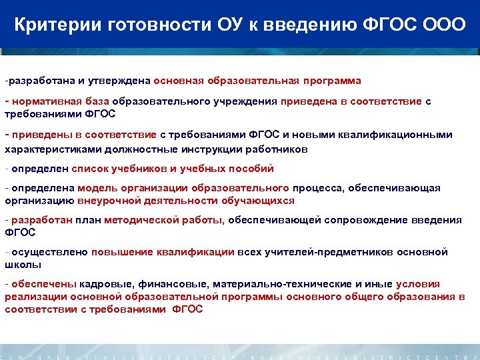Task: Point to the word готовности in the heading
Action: (153, 26)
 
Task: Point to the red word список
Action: (90, 169)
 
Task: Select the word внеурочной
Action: (105, 200)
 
